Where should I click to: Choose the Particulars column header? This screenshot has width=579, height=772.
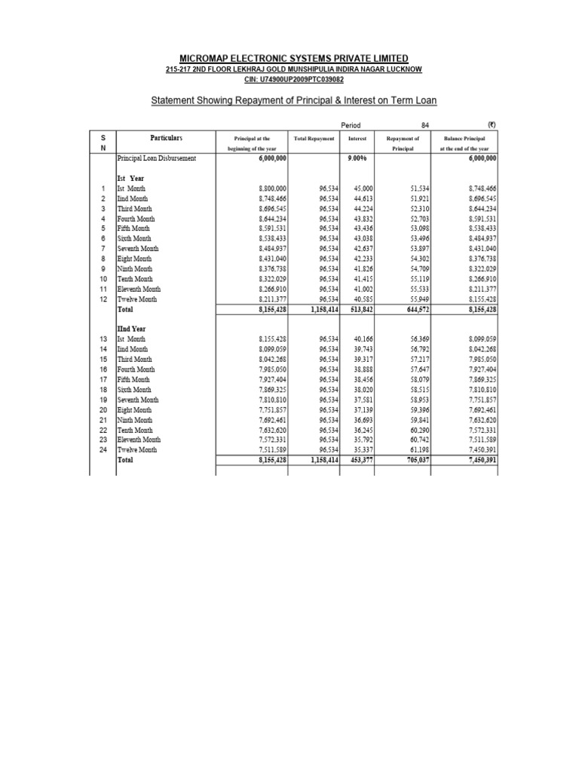(x=166, y=139)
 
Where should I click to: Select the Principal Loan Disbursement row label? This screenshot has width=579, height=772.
(x=156, y=159)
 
